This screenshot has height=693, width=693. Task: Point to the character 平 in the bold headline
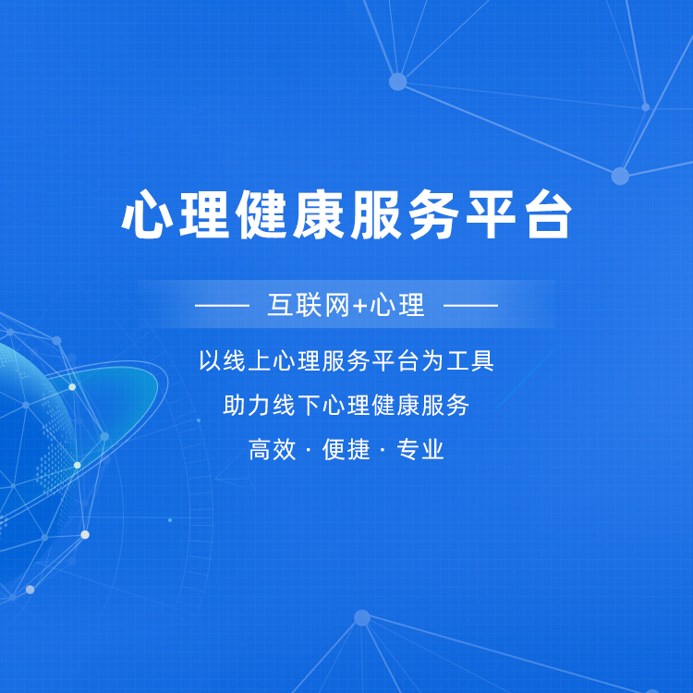tap(491, 214)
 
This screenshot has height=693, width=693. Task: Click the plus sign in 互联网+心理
tap(360, 306)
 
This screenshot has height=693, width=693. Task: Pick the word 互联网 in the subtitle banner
tap(309, 305)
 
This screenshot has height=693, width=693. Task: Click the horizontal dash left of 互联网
tap(223, 305)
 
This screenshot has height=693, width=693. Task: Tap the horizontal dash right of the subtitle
tap(470, 305)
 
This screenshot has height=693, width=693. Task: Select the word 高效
tap(272, 449)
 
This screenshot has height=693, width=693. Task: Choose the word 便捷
tap(346, 449)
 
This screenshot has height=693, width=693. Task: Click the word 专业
tap(420, 449)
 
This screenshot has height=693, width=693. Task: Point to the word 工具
tap(470, 360)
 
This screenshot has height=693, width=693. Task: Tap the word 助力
tap(247, 405)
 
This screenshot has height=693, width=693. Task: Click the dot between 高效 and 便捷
tap(309, 450)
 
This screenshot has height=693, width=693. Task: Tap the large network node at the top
tap(397, 81)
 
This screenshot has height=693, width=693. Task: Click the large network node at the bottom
tap(362, 618)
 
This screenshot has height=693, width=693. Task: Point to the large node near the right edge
tap(620, 176)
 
